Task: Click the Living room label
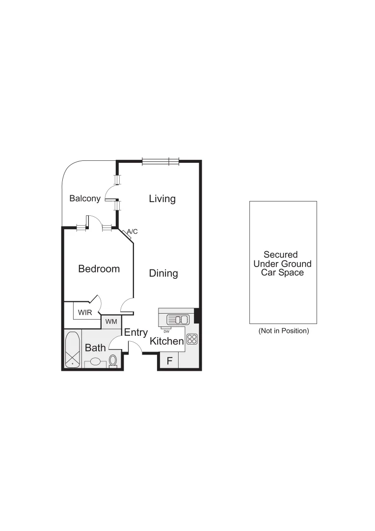pyautogui.click(x=162, y=199)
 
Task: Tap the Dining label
pyautogui.click(x=163, y=273)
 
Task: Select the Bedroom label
pyautogui.click(x=99, y=269)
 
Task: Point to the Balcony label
pyautogui.click(x=85, y=199)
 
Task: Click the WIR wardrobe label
pyautogui.click(x=85, y=312)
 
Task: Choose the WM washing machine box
pyautogui.click(x=111, y=322)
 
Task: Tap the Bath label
pyautogui.click(x=95, y=348)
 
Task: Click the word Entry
pyautogui.click(x=135, y=333)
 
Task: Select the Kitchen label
pyautogui.click(x=167, y=341)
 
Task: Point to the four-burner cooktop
pyautogui.click(x=191, y=339)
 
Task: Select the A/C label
pyautogui.click(x=132, y=231)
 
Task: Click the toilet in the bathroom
pyautogui.click(x=113, y=360)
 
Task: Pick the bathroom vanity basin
pyautogui.click(x=95, y=362)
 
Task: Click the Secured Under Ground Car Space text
pyautogui.click(x=282, y=264)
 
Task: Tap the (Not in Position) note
pyautogui.click(x=284, y=331)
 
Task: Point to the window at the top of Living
pyautogui.click(x=161, y=161)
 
